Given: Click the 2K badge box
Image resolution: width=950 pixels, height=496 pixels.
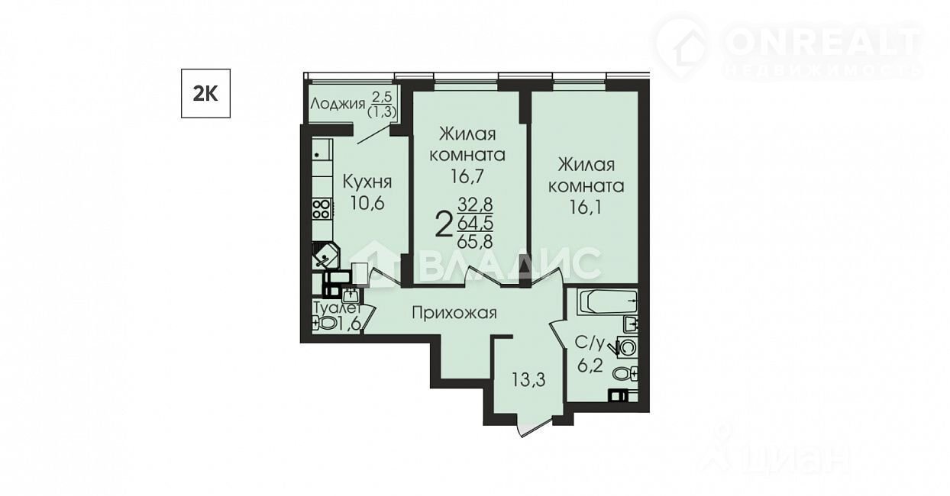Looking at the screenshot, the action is coord(205,93).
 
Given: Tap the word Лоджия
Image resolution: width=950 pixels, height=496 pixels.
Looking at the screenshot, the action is coord(338,104).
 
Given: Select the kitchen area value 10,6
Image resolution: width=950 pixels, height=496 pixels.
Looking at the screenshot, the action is coord(367,204).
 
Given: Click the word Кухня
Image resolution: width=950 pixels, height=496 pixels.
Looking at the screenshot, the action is coord(367,182).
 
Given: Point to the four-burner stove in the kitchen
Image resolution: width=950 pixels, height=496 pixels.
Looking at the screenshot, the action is coord(322,209).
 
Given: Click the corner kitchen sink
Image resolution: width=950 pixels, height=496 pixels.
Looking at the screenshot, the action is coord(326,255).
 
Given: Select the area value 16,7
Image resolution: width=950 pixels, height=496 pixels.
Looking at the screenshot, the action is coord(467,176).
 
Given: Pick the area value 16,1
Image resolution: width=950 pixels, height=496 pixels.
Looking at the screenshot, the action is coord(586,208).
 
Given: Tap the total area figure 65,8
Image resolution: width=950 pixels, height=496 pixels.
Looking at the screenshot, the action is coord(475,242).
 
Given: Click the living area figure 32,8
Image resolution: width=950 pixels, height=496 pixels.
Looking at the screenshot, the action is coord(475,205).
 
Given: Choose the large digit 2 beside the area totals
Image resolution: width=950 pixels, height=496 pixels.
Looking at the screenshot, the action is coord(444,225).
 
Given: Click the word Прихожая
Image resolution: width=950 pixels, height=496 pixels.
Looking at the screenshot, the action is coord(454,314).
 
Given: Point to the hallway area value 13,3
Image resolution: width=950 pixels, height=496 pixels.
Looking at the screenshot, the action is coord(528,380).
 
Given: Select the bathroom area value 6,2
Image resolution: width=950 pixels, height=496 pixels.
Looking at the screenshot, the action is coord(590,365).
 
